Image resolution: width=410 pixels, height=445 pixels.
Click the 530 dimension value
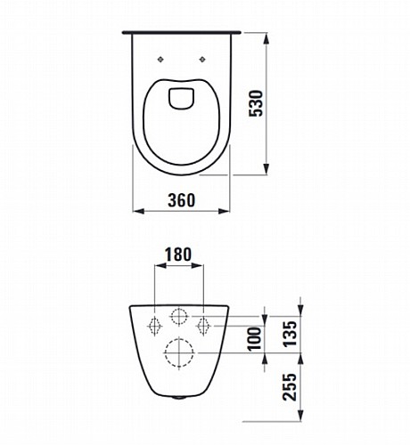pos(256,103)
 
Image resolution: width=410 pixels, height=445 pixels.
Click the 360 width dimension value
pos(182,200)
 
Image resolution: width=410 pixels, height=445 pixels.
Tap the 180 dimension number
pos(178,255)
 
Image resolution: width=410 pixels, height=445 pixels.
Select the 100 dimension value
pos(254,339)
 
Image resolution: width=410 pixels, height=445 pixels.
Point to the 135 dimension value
pos(290,334)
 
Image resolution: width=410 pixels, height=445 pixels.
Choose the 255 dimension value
pos(290,387)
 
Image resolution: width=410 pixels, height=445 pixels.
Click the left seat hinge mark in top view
pos(160,60)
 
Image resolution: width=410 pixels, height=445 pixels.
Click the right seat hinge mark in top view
pos(202,60)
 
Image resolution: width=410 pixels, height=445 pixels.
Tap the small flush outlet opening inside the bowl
pos(181,99)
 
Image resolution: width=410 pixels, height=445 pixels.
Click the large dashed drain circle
pos(179,352)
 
